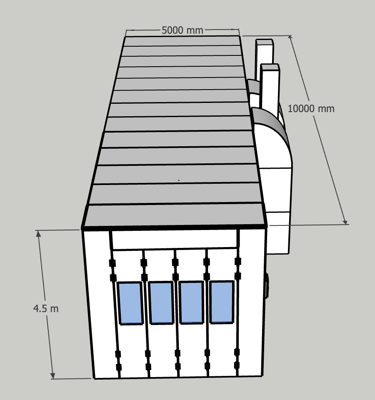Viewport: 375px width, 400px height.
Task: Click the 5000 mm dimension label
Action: click(x=182, y=30)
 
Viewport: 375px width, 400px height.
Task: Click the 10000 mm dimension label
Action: click(x=311, y=109)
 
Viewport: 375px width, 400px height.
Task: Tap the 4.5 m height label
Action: click(x=46, y=309)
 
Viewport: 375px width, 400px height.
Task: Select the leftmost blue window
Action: click(x=130, y=303)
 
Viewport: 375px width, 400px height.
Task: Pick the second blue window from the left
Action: click(x=161, y=302)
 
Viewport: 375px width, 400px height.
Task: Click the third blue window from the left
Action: click(x=192, y=302)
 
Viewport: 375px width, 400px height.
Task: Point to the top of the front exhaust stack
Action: click(x=270, y=67)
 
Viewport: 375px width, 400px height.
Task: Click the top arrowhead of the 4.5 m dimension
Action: click(x=38, y=233)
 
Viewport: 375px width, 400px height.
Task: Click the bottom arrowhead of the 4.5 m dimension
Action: click(x=52, y=376)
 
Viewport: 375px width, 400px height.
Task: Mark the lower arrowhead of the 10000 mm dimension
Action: click(x=345, y=222)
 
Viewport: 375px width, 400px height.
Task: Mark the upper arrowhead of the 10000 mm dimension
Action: click(x=290, y=38)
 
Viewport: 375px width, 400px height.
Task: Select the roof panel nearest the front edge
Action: click(x=175, y=215)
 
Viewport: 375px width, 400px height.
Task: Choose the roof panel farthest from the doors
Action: click(x=182, y=41)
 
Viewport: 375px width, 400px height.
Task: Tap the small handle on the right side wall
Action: click(x=267, y=286)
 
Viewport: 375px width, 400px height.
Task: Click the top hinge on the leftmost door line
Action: click(x=112, y=263)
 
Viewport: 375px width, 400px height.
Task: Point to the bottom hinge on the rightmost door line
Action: click(x=237, y=365)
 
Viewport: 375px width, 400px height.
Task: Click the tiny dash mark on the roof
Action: click(x=179, y=180)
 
